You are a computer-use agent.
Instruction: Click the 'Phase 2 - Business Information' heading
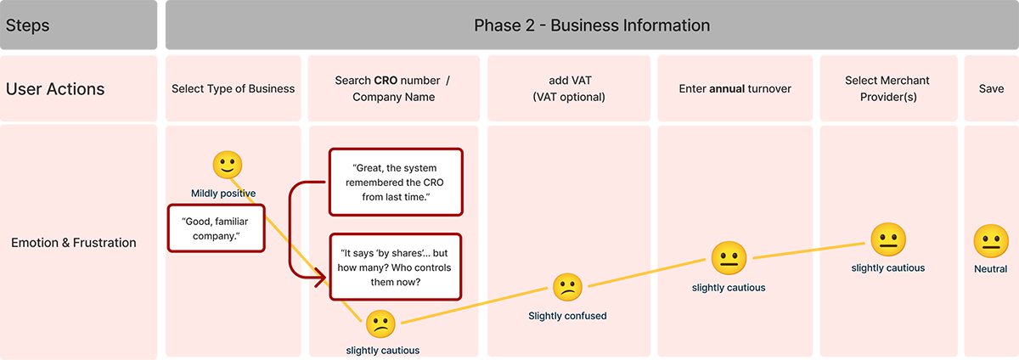coord(592,25)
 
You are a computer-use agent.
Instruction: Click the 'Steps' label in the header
coord(28,25)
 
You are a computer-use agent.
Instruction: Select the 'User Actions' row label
coord(55,88)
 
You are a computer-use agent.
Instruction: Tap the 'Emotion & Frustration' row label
coord(74,243)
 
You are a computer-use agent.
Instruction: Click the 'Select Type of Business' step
coord(233,88)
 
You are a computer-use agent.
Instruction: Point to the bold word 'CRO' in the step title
coord(390,81)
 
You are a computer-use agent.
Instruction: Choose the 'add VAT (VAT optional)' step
coord(569,88)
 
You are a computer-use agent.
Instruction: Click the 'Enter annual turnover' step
coord(736,88)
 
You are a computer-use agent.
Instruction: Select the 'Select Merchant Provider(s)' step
coord(887,88)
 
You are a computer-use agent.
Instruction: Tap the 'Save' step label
coord(991,88)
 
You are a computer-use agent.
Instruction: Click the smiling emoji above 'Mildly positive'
coord(227,165)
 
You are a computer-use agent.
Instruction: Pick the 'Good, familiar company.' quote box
coord(217,228)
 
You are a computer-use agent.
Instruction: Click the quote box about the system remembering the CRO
coord(396,182)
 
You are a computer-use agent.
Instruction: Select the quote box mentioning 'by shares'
coord(396,267)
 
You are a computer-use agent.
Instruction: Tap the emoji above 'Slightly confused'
coord(567,289)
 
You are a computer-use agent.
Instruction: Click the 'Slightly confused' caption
coord(567,316)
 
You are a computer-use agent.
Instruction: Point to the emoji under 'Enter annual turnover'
coord(728,257)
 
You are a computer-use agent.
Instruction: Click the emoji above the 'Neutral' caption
coord(990,241)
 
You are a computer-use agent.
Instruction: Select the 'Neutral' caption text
coord(990,269)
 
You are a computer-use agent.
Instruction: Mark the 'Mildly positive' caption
coord(223,194)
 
